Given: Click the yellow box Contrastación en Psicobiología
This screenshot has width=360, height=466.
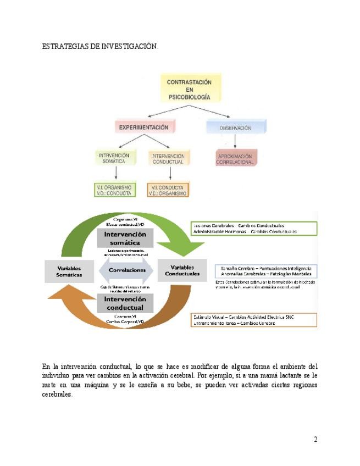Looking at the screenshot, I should [x=189, y=89].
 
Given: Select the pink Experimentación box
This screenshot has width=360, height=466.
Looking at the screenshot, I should [x=144, y=127].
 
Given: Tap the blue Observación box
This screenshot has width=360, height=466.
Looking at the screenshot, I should [x=235, y=127].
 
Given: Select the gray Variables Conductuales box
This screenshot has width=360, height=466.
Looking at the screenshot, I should [x=182, y=270].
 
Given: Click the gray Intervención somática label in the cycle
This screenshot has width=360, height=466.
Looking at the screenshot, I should [x=125, y=238].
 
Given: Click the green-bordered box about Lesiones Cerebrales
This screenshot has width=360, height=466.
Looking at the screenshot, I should [x=254, y=229].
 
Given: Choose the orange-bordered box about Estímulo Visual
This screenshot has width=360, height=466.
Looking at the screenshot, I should [x=254, y=320].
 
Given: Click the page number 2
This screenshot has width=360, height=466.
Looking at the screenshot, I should [x=315, y=439].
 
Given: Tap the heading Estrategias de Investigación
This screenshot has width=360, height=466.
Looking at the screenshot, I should [x=100, y=47].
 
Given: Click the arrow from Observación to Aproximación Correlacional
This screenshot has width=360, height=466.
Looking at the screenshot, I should [x=235, y=142].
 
